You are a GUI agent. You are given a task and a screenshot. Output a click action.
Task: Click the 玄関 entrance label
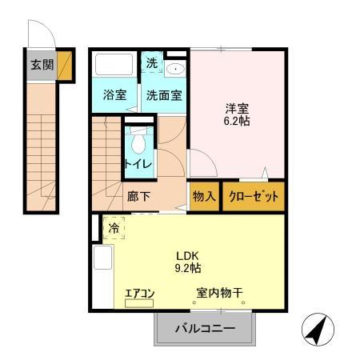pyautogui.click(x=42, y=65)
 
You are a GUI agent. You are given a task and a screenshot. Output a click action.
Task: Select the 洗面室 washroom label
pyautogui.click(x=162, y=94)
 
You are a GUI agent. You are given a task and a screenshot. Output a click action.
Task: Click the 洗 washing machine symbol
pyautogui.click(x=151, y=62)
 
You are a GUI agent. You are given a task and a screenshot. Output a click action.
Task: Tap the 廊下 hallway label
pyautogui.click(x=138, y=195)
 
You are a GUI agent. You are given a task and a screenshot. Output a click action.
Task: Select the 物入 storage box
pyautogui.click(x=204, y=196)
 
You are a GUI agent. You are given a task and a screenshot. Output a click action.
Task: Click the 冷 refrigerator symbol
pyautogui.click(x=114, y=228)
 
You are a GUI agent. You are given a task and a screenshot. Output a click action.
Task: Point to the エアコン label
pyautogui.click(x=139, y=294)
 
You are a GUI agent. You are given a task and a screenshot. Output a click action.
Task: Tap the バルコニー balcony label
pyautogui.click(x=205, y=329)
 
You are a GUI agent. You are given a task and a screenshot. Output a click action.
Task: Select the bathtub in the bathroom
pyautogui.click(x=114, y=65)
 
